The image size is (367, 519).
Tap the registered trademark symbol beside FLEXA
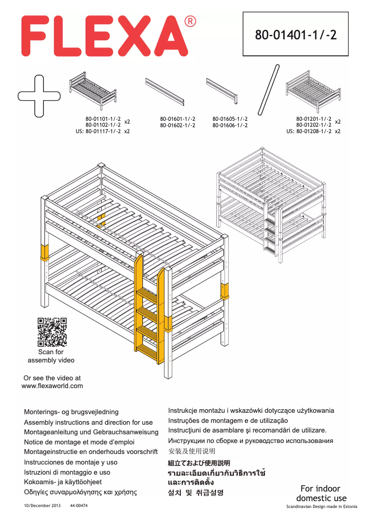pyautogui.click(x=190, y=22)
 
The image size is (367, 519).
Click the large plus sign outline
pyautogui.click(x=39, y=95)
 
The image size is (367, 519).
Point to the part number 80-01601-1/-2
pyautogui.click(x=178, y=119)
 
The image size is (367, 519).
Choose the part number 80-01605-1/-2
pyautogui.click(x=230, y=119)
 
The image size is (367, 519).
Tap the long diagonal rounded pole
pyautogui.click(x=269, y=90)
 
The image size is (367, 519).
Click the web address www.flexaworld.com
pyautogui.click(x=52, y=386)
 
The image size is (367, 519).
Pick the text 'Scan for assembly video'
pyautogui.click(x=51, y=356)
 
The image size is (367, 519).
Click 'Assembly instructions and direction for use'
pyautogui.click(x=88, y=422)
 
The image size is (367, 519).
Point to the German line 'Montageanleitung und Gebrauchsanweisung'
pyautogui.click(x=91, y=432)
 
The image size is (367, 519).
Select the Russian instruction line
pyautogui.click(x=251, y=441)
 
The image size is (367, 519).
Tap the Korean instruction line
pyautogui.click(x=196, y=493)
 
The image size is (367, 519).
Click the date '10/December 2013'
pyautogui.click(x=42, y=506)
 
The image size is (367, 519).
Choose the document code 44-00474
pyautogui.click(x=79, y=506)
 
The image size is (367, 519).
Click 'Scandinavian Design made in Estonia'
pyautogui.click(x=322, y=507)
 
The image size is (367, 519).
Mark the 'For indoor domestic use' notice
pyautogui.click(x=321, y=493)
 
